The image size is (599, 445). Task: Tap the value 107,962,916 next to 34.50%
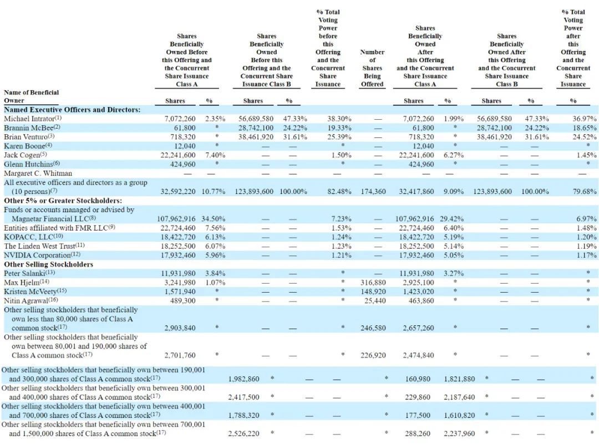(x=176, y=219)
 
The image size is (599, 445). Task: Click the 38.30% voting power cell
(x=327, y=119)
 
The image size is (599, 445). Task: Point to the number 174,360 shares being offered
(x=372, y=191)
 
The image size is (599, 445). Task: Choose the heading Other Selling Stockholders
(x=48, y=264)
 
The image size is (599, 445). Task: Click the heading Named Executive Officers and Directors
(x=72, y=110)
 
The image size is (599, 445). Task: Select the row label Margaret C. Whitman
(x=38, y=173)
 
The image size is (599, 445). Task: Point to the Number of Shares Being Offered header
(x=372, y=68)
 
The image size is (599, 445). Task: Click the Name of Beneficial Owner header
(x=31, y=96)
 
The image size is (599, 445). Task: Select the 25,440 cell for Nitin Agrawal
(x=374, y=300)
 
